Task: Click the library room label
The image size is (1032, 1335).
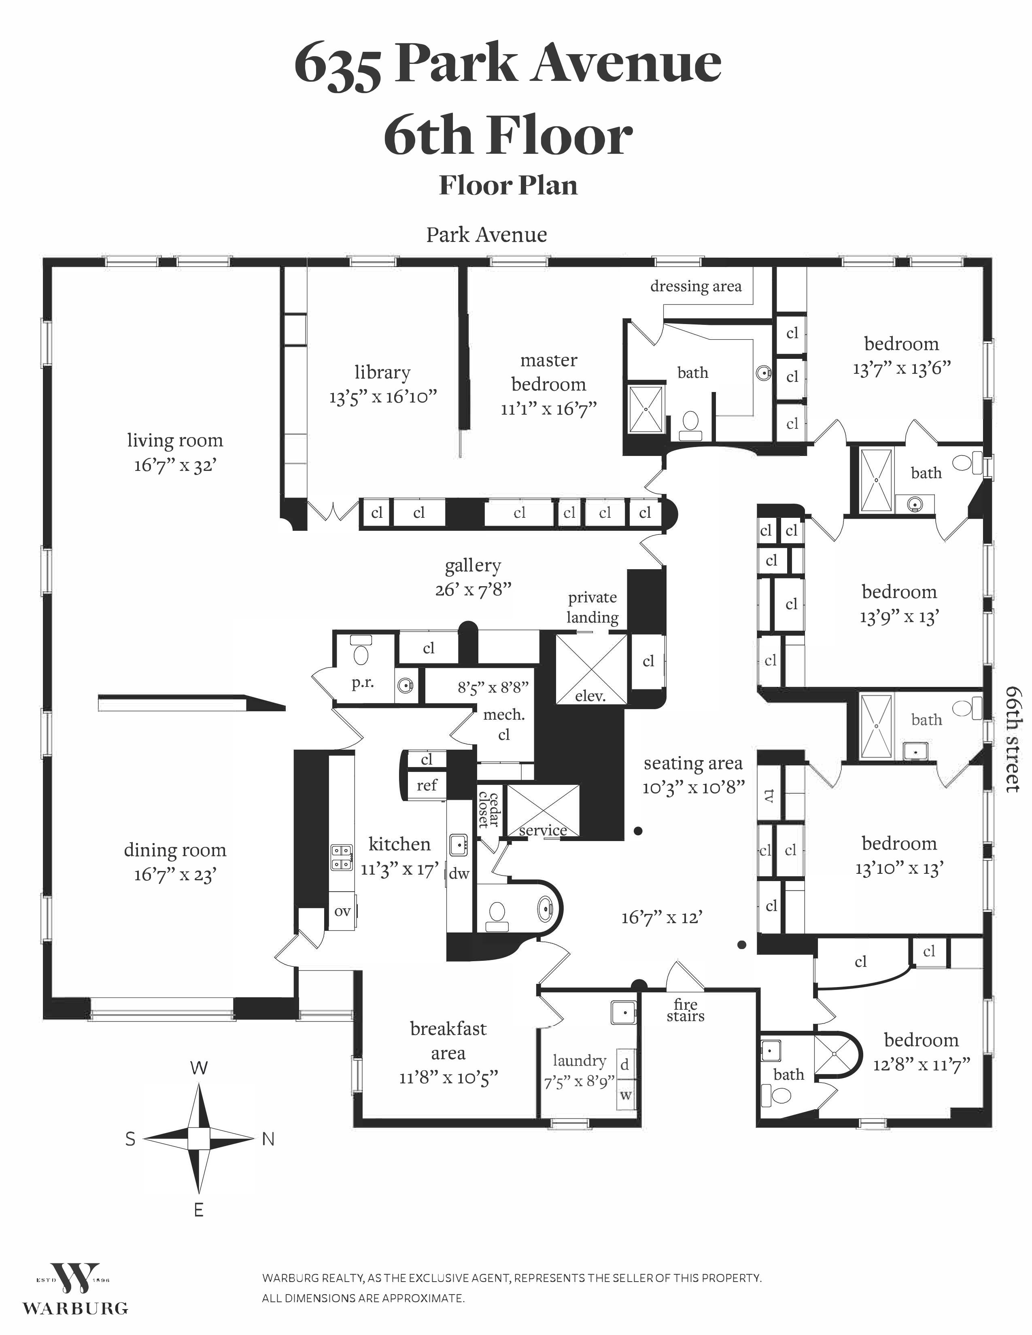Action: tap(382, 372)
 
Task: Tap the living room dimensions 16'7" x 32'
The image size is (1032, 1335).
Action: tap(176, 466)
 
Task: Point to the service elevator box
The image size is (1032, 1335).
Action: tap(543, 811)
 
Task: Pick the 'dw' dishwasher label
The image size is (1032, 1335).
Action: tap(459, 873)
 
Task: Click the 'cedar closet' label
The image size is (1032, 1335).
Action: tap(489, 810)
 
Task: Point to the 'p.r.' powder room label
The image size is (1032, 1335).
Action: tap(363, 683)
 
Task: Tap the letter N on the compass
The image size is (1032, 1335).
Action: tap(268, 1139)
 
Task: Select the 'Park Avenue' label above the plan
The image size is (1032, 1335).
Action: tap(486, 235)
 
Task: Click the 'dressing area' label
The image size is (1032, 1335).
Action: tap(696, 286)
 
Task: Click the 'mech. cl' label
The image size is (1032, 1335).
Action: tap(504, 725)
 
